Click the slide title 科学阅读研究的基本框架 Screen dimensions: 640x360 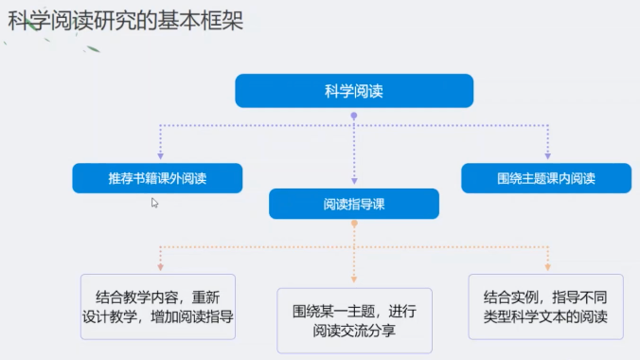click(126, 21)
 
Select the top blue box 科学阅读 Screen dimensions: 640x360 click(354, 91)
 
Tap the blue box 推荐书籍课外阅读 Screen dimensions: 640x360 click(157, 178)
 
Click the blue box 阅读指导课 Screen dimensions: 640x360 click(354, 204)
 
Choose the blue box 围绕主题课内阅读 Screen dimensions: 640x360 click(546, 178)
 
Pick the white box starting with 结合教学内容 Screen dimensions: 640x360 click(158, 307)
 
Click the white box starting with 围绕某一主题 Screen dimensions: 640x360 click(354, 321)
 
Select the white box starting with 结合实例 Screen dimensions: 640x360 click(545, 307)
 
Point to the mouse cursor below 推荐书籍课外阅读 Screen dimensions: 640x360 click(154, 203)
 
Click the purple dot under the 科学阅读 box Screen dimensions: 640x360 click(354, 116)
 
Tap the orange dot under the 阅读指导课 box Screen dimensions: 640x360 click(354, 224)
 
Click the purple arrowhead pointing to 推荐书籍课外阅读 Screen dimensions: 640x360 click(160, 156)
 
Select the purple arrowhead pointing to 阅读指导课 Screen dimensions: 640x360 click(354, 181)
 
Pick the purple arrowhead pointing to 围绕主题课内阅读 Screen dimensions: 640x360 click(548, 156)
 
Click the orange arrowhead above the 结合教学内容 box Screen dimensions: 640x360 click(160, 267)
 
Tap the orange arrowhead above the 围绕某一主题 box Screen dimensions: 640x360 click(354, 279)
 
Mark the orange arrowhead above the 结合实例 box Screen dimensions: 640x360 click(548, 267)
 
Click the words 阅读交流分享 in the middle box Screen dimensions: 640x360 click(354, 331)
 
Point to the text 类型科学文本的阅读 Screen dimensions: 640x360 click(545, 316)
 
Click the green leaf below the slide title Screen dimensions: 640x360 click(93, 49)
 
